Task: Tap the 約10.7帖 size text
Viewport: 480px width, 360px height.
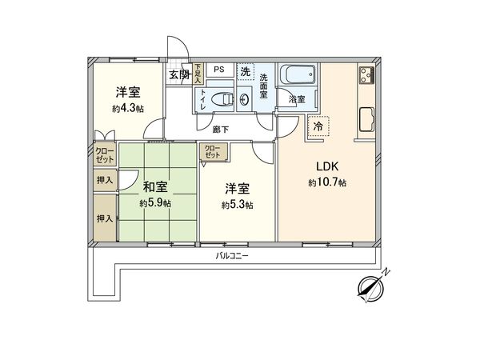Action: [x=327, y=182]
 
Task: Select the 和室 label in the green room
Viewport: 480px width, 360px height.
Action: [x=155, y=188]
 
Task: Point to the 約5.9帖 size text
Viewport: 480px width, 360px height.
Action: [x=154, y=203]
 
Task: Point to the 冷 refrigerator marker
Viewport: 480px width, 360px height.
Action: [x=318, y=126]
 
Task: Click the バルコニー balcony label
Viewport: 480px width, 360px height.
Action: [x=233, y=255]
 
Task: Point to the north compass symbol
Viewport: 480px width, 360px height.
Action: [x=370, y=287]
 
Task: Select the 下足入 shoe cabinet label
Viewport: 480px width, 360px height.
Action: [x=197, y=74]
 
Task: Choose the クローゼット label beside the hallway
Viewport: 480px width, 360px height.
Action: [x=212, y=151]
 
